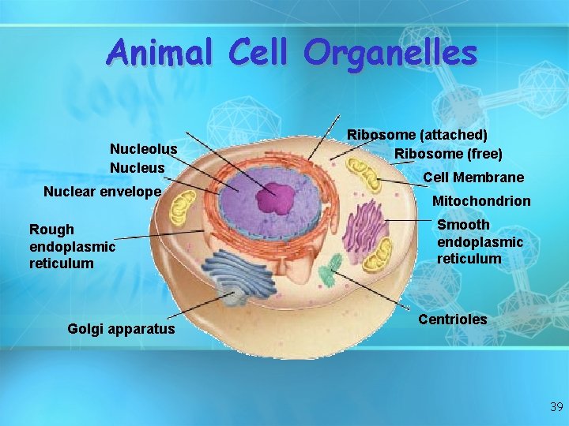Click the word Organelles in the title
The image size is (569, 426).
(390, 54)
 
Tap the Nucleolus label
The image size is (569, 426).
(143, 149)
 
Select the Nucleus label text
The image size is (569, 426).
(138, 167)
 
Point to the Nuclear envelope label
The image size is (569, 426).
(102, 191)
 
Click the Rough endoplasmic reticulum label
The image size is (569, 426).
(72, 245)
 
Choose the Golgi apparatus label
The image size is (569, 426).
(122, 328)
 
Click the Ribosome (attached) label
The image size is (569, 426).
(417, 136)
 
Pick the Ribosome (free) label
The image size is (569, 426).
(448, 153)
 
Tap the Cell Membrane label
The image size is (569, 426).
(473, 177)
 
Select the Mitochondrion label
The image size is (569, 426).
(480, 201)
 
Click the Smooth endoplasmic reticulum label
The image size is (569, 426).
(480, 241)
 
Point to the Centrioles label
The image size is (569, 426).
(452, 319)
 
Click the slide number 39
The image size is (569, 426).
(556, 407)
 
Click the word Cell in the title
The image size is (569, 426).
(259, 53)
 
